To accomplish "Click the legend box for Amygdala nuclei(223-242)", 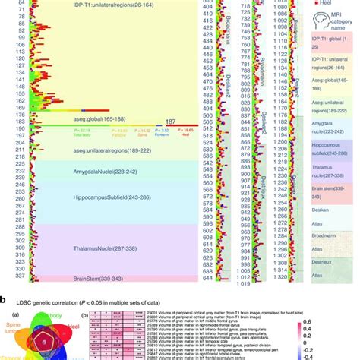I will pos(331,131).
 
